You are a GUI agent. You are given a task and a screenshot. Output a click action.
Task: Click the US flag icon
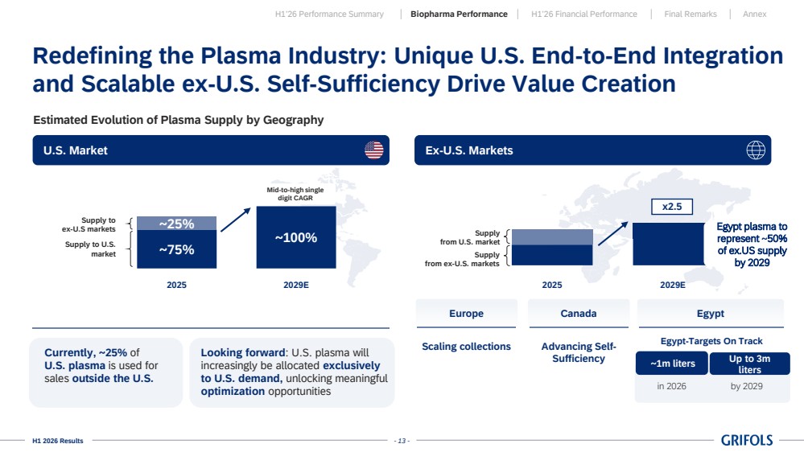[x=373, y=150]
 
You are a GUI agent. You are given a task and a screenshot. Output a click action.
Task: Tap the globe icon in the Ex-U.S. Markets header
[x=755, y=150]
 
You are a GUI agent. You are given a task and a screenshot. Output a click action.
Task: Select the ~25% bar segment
[x=176, y=224]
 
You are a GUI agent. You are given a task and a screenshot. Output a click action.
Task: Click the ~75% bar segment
[x=176, y=249]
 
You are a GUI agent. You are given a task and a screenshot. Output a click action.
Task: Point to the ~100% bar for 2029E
[x=296, y=237]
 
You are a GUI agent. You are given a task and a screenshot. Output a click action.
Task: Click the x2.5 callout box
[x=672, y=207]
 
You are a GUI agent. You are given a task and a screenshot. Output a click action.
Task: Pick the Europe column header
[x=466, y=313]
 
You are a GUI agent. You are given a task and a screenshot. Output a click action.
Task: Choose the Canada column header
[x=579, y=313]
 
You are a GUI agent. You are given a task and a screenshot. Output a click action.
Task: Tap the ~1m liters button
[x=672, y=364]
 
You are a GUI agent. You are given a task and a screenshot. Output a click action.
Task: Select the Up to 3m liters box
[x=749, y=364]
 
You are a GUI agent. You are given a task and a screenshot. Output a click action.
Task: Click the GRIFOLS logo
[x=747, y=440]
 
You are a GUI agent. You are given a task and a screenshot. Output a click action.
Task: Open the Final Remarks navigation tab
[x=691, y=14]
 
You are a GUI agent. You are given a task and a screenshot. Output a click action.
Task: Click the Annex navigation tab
[x=754, y=14]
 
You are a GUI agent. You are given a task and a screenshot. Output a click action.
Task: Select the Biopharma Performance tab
[x=459, y=14]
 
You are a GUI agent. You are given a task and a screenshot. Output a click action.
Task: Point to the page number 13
[x=402, y=441]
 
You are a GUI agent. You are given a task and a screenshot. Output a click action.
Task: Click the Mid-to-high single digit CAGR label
[x=295, y=194]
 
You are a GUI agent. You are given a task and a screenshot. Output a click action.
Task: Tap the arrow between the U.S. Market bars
[x=235, y=220]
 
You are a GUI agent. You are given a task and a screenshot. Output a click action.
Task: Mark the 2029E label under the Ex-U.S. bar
[x=672, y=285]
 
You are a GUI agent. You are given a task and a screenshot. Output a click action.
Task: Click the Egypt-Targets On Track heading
[x=711, y=341]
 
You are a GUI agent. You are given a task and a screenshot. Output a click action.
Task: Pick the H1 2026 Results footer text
[x=57, y=441]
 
